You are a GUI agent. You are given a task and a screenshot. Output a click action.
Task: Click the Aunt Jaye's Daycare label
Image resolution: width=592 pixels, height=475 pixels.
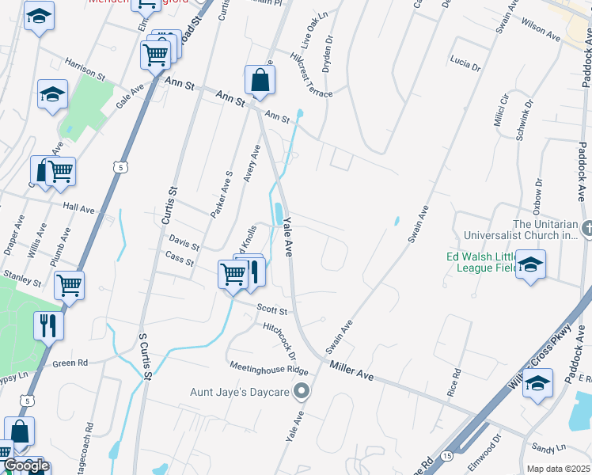(x=239, y=392)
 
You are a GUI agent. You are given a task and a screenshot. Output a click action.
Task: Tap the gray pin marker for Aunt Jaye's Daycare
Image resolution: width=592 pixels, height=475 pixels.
(x=302, y=391)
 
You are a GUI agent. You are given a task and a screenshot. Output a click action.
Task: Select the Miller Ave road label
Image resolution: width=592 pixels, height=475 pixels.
(x=351, y=367)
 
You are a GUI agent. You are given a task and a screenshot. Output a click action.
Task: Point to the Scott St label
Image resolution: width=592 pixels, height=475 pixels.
(x=271, y=310)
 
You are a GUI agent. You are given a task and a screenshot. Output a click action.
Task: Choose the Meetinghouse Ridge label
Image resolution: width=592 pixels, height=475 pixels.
(x=269, y=370)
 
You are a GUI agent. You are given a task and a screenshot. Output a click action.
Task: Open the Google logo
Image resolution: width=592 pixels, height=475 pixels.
(x=25, y=465)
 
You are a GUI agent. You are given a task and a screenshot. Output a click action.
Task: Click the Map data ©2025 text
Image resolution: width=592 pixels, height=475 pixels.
(x=558, y=469)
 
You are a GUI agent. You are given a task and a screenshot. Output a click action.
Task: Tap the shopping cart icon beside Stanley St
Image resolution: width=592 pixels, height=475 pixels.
(x=70, y=284)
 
